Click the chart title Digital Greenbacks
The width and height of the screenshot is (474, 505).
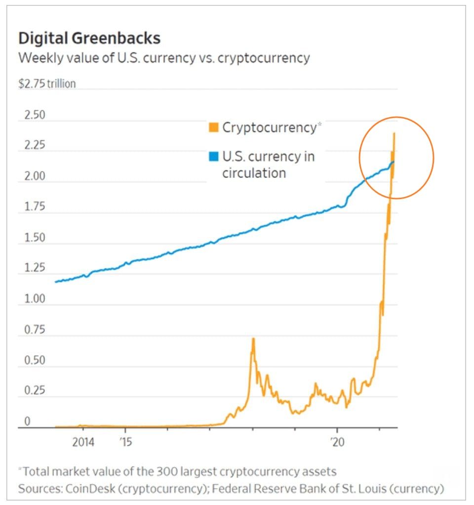(89, 39)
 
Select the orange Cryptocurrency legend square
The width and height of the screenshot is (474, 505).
(213, 127)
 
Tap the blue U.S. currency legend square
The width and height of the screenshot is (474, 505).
(213, 157)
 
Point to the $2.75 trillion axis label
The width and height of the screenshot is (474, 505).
(47, 84)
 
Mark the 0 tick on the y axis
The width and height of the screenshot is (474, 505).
(28, 421)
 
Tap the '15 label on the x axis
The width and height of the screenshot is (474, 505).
(125, 442)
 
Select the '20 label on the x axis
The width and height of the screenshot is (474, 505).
(338, 442)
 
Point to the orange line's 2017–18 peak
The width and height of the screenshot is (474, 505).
(253, 338)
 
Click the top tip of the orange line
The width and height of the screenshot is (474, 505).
(394, 133)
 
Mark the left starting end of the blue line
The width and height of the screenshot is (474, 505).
(56, 282)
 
